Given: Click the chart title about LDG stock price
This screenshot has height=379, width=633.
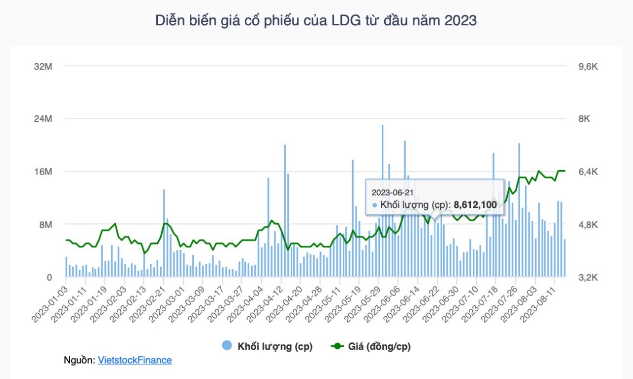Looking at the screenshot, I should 316,21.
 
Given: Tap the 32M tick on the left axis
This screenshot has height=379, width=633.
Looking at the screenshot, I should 43,67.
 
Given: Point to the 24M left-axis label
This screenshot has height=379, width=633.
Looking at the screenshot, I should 43,119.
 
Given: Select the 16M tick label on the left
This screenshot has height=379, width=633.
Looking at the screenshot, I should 43,172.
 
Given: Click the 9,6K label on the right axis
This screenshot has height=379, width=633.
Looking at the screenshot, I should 588,67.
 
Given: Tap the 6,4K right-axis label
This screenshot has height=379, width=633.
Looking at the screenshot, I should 588,172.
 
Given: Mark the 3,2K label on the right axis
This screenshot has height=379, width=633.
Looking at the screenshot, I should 588,278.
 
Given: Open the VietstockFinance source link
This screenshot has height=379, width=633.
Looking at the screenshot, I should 135,360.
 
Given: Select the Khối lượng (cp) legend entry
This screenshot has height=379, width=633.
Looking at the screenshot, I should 274,346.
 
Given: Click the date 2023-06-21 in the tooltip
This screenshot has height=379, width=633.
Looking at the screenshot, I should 392,192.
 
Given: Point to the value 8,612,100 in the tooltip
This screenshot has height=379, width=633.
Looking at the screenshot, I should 475,204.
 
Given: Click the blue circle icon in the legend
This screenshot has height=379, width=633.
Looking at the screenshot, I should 227,346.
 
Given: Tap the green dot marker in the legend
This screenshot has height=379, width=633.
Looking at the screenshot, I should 337,346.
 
